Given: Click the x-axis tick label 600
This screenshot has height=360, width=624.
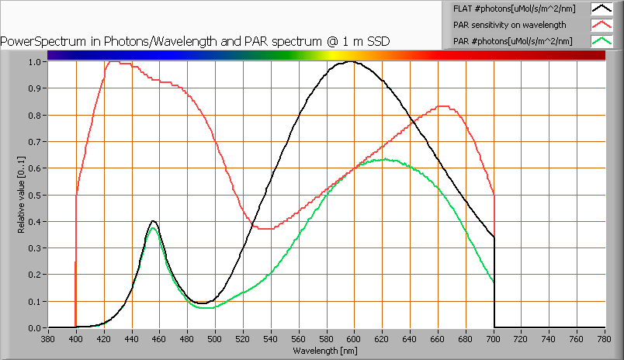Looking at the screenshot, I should [354, 339].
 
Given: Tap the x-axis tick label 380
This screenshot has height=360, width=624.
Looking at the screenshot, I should [48, 339].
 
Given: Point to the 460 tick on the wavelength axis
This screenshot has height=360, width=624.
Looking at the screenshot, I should [159, 339].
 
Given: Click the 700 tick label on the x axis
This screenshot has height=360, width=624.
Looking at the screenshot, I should [494, 339].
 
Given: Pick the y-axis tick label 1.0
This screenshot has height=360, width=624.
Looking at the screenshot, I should [33, 62].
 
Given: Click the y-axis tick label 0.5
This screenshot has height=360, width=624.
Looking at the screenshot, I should [33, 195].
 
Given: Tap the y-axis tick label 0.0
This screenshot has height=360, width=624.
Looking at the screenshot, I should [33, 328].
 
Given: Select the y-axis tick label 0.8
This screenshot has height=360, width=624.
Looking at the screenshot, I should [33, 116].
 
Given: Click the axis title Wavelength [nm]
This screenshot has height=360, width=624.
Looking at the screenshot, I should [325, 351].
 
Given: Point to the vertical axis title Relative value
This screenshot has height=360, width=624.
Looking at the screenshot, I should [22, 195].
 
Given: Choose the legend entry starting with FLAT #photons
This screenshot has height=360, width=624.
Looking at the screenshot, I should [508, 9].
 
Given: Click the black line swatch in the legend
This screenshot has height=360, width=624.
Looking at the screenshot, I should [601, 9].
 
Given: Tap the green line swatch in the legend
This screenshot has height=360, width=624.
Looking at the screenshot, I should [601, 40].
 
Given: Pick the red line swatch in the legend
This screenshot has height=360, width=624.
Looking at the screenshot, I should [601, 24].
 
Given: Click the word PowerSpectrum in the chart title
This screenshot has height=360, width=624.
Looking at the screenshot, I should [39, 40].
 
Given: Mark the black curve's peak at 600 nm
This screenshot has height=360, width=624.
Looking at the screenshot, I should [353, 62].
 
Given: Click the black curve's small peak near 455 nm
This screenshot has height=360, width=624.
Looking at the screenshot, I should [154, 221].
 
